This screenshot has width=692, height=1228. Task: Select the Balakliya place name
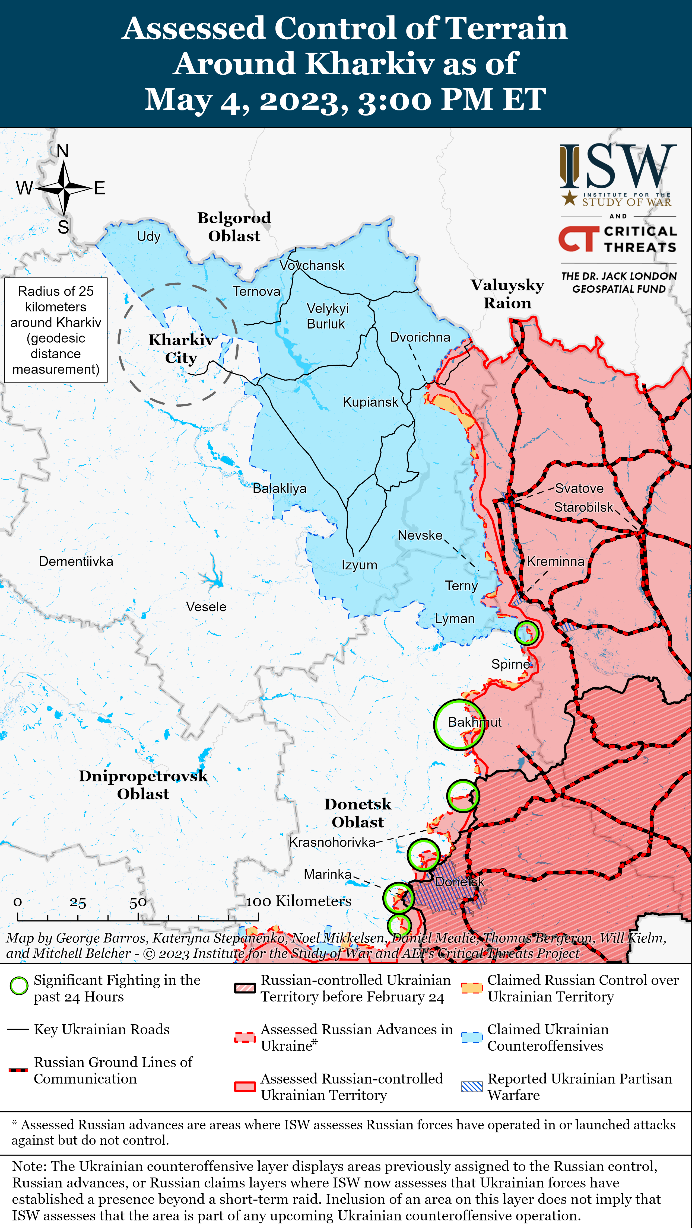point(280,488)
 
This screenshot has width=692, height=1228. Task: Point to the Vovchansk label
point(312,266)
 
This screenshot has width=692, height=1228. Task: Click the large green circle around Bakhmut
point(459,725)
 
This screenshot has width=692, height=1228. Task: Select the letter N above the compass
point(62,151)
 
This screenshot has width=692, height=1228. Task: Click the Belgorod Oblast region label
point(234,227)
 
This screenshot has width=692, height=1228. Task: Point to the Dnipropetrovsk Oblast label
point(143,785)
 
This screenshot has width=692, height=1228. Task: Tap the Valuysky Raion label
point(507,294)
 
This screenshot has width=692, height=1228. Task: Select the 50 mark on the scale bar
point(138,903)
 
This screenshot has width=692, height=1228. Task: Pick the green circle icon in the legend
point(19,986)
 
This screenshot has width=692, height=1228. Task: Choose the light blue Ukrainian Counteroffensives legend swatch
point(472,1037)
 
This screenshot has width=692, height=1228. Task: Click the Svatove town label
point(579,488)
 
